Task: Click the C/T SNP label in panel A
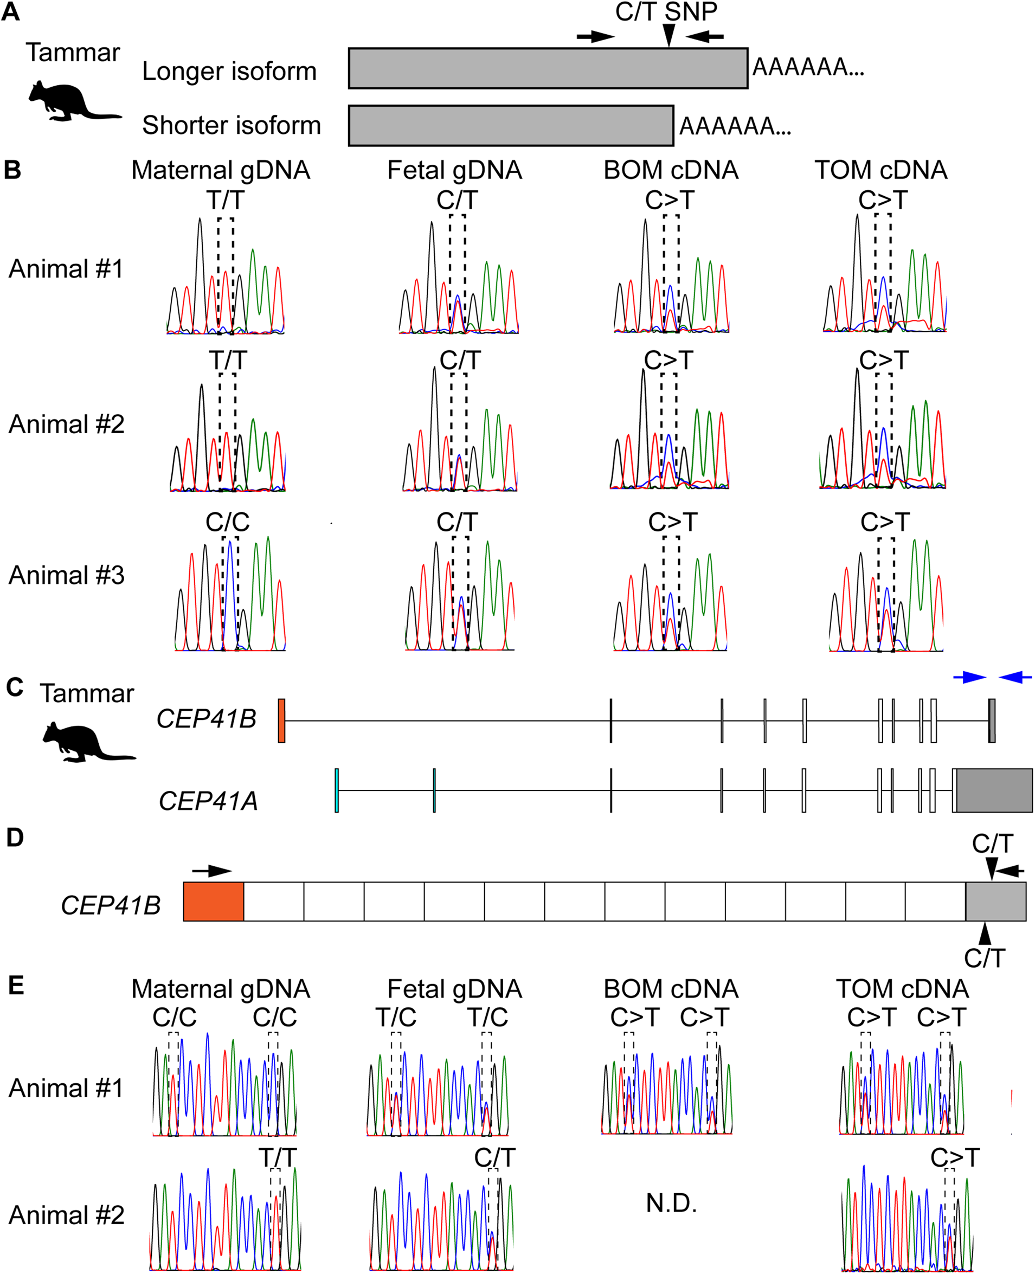pos(666,12)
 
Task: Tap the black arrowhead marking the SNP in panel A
pos(670,35)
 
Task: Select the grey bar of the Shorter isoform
pos(511,126)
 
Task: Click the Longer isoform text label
pos(229,72)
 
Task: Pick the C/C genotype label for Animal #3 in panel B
pos(227,522)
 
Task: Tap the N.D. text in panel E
pos(671,1203)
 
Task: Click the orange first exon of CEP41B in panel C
pos(281,721)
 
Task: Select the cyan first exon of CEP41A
pos(337,790)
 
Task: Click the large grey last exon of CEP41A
pos(994,790)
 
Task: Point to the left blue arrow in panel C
pos(969,677)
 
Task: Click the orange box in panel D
pos(214,902)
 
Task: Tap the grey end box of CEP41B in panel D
pos(995,902)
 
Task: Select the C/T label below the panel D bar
pos(985,958)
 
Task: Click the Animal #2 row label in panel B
pos(66,424)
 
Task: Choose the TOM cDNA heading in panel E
pos(902,989)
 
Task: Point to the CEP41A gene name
pos(208,801)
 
